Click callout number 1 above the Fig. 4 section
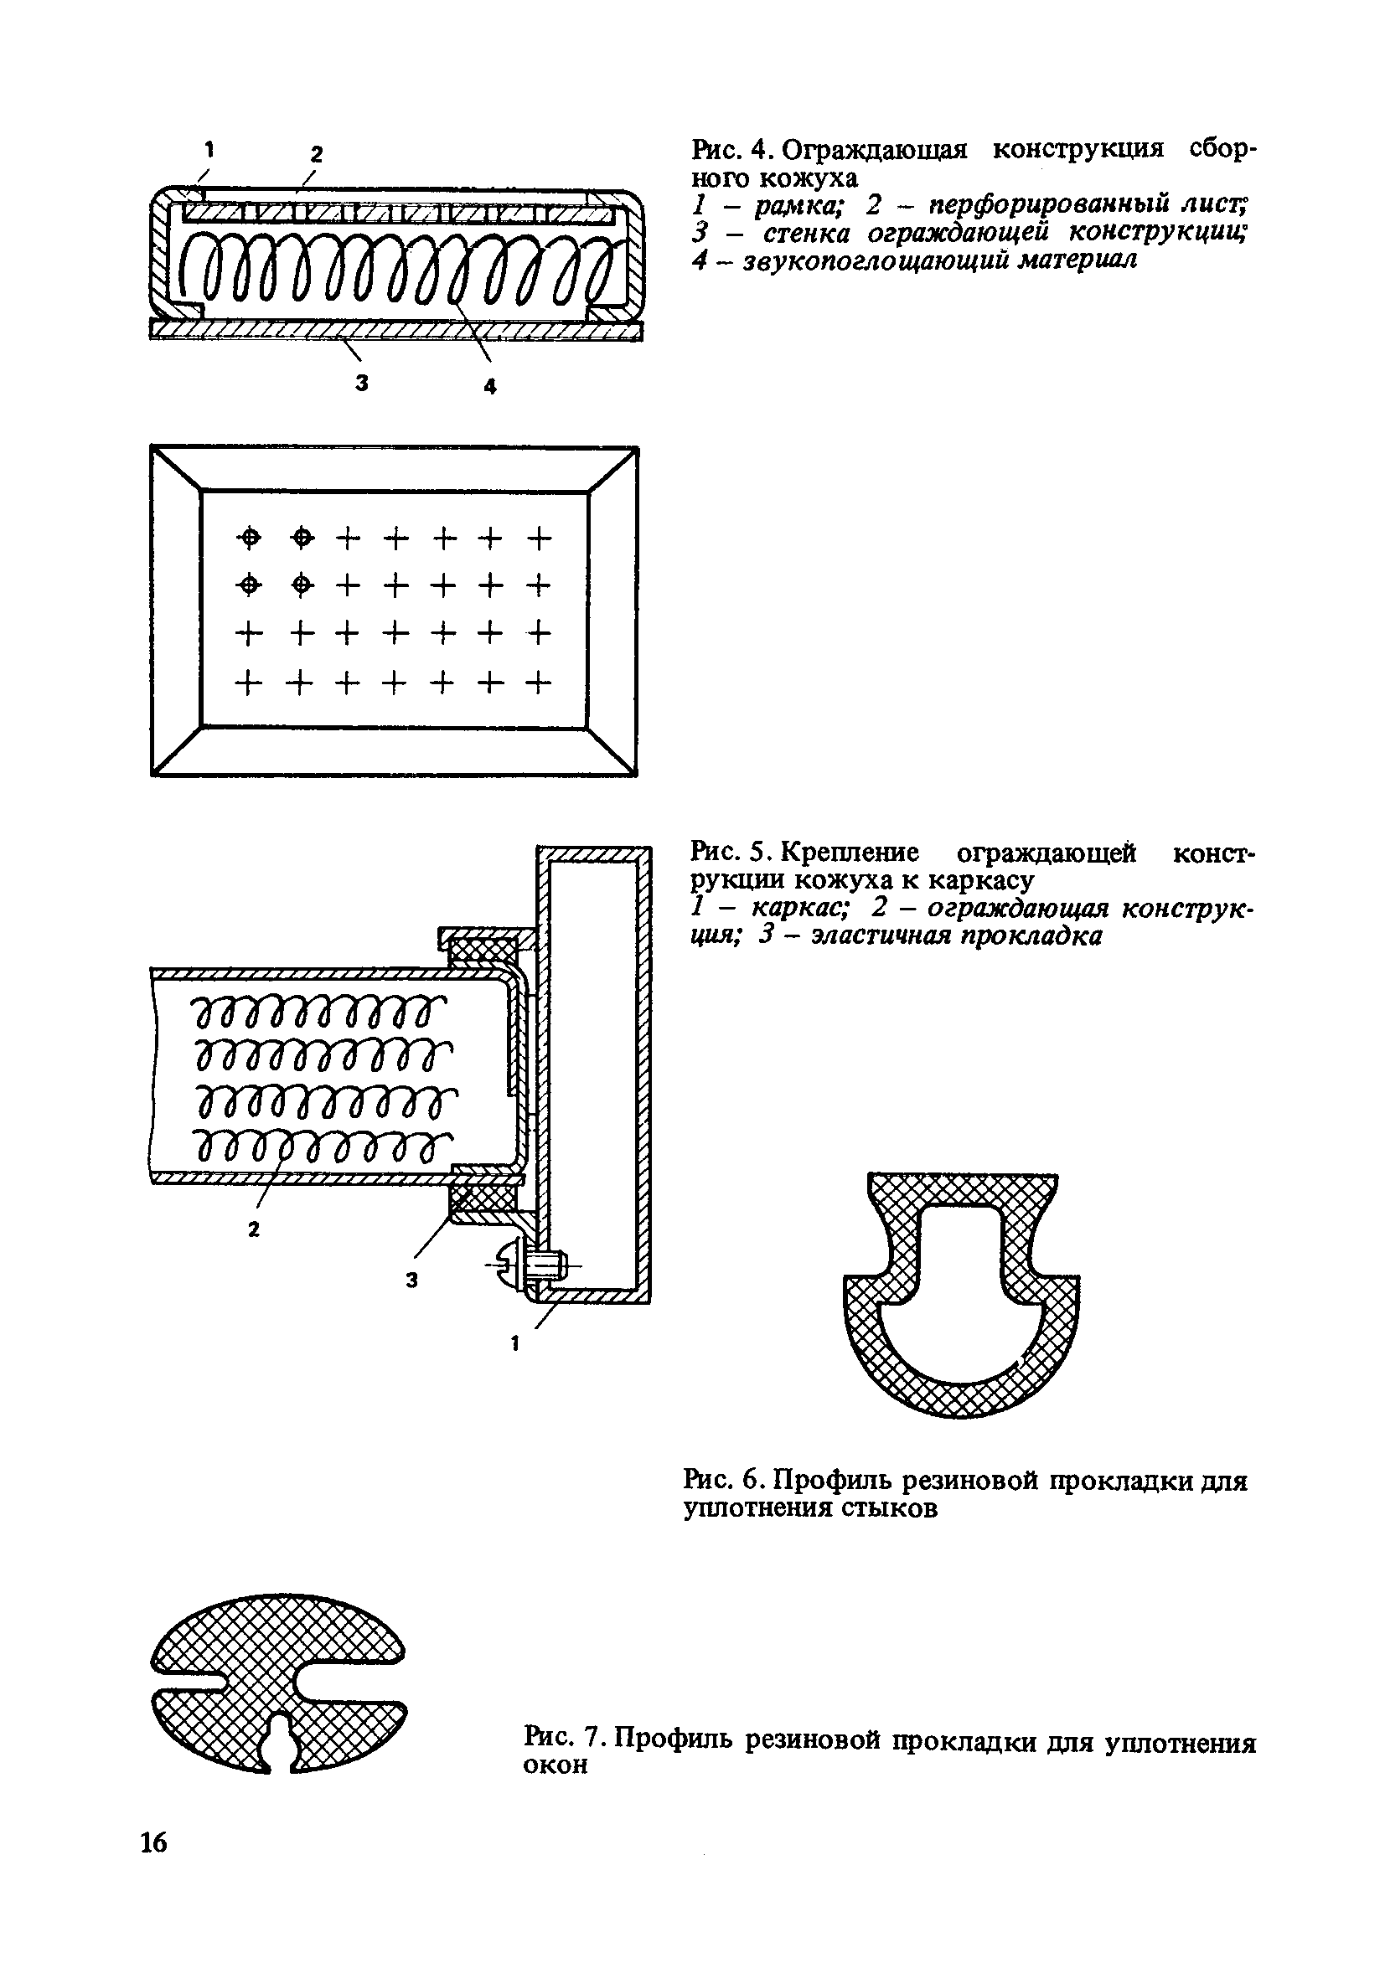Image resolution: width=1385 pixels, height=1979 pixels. (x=209, y=149)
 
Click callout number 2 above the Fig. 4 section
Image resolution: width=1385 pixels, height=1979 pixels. (x=317, y=154)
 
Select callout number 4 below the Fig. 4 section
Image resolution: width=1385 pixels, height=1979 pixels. (x=490, y=388)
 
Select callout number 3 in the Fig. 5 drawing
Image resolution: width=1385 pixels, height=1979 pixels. (x=412, y=1281)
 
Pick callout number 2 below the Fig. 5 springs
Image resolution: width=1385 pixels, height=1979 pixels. (x=254, y=1231)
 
